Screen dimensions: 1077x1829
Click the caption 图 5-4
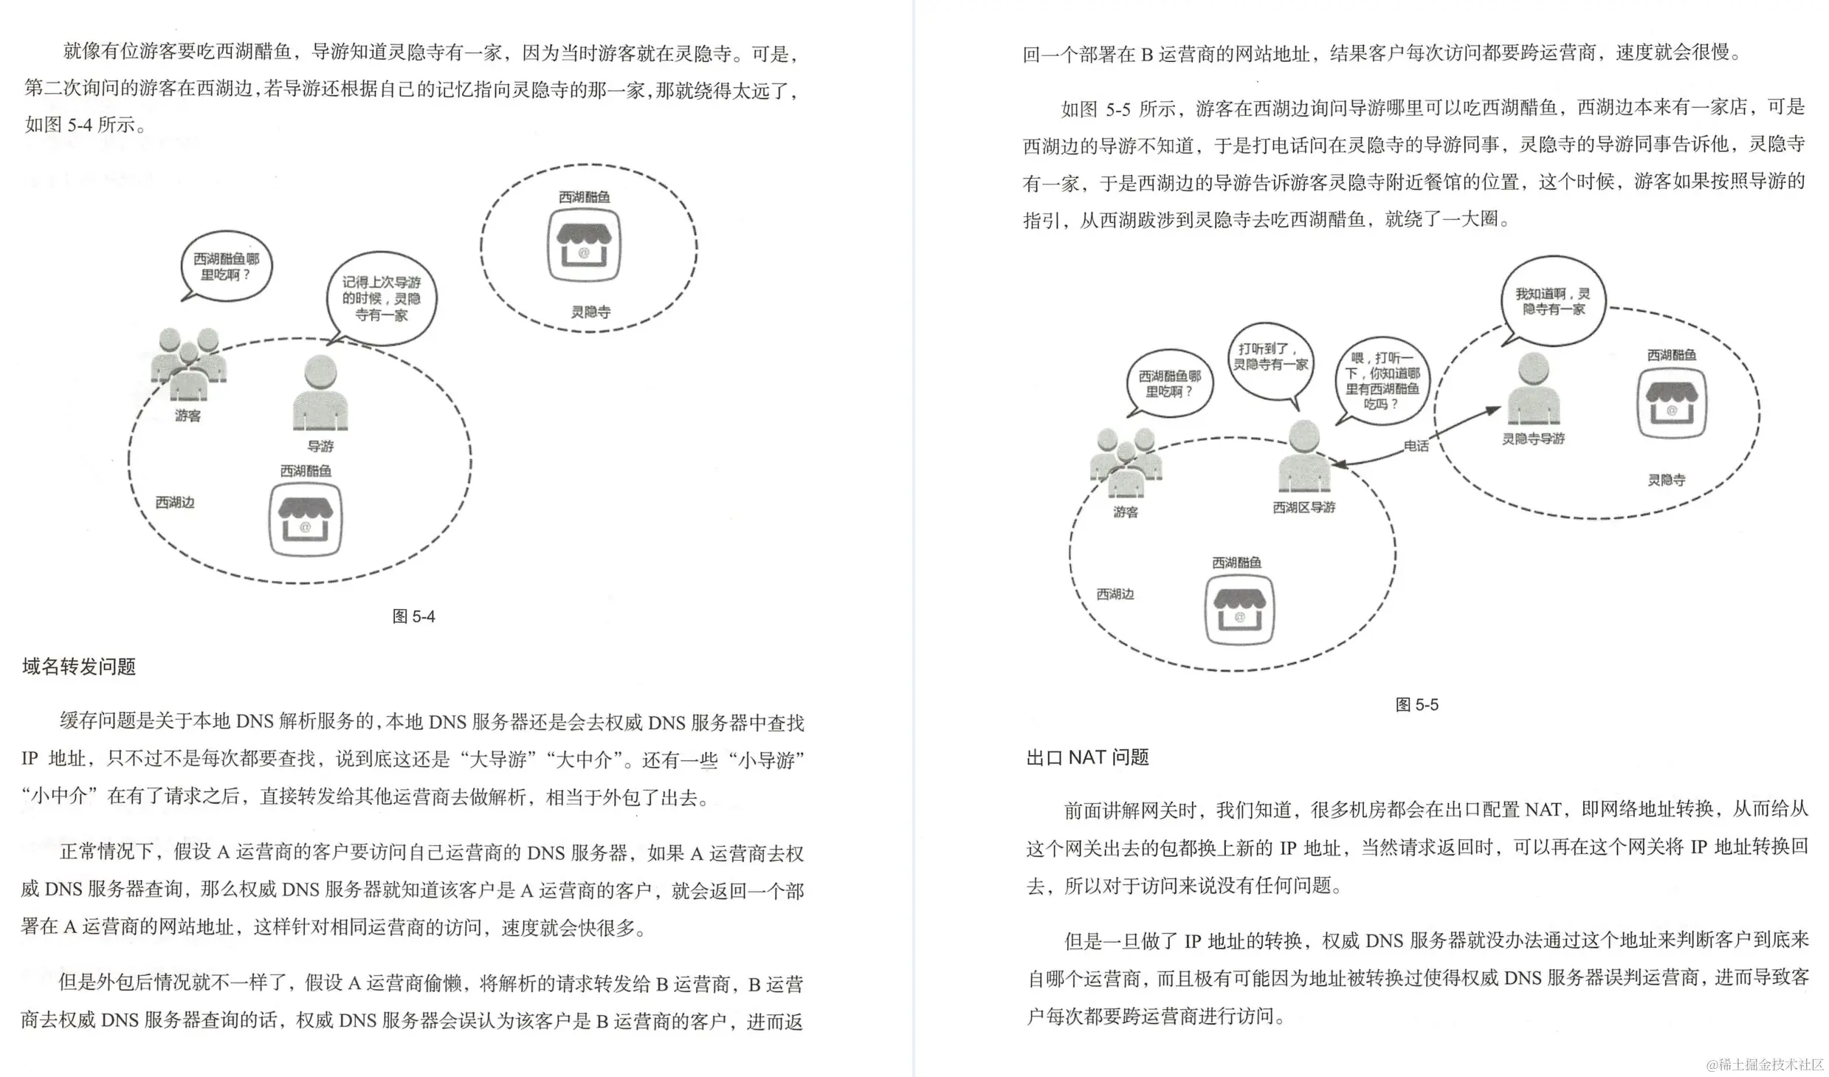point(413,616)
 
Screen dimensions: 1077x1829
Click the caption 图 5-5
point(1416,705)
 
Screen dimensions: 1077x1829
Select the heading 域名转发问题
point(79,667)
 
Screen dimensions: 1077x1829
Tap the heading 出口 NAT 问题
point(1087,757)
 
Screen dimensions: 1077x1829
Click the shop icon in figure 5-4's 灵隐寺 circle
point(584,247)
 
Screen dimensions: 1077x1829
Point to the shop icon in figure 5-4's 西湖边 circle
point(305,520)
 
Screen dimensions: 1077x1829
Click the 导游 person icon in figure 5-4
point(320,393)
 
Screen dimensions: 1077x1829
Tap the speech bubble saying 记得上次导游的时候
point(382,298)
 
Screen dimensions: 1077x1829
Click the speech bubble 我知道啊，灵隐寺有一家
point(1553,301)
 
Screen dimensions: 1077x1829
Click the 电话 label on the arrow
point(1416,446)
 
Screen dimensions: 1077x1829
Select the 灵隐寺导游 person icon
point(1533,388)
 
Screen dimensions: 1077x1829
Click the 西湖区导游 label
point(1303,508)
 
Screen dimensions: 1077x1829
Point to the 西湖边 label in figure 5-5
point(1115,594)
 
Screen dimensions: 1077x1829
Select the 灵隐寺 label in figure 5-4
point(590,312)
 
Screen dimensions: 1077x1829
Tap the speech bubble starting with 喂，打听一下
point(1382,382)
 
